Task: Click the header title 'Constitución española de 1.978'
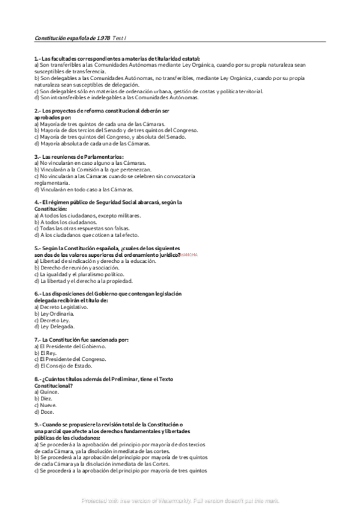(69, 38)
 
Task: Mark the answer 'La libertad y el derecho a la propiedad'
(84, 281)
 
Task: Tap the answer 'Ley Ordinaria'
(55, 313)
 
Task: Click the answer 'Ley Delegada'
(55, 327)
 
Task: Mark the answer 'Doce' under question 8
(44, 411)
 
